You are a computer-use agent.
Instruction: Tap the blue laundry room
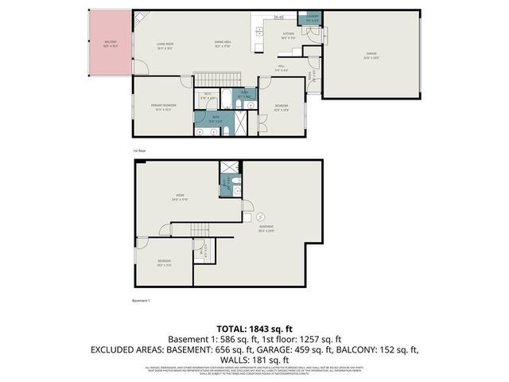[308, 19]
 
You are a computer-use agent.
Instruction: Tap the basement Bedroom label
[163, 263]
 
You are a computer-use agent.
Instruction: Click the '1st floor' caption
[139, 150]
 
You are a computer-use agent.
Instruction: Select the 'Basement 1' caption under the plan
[140, 301]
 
